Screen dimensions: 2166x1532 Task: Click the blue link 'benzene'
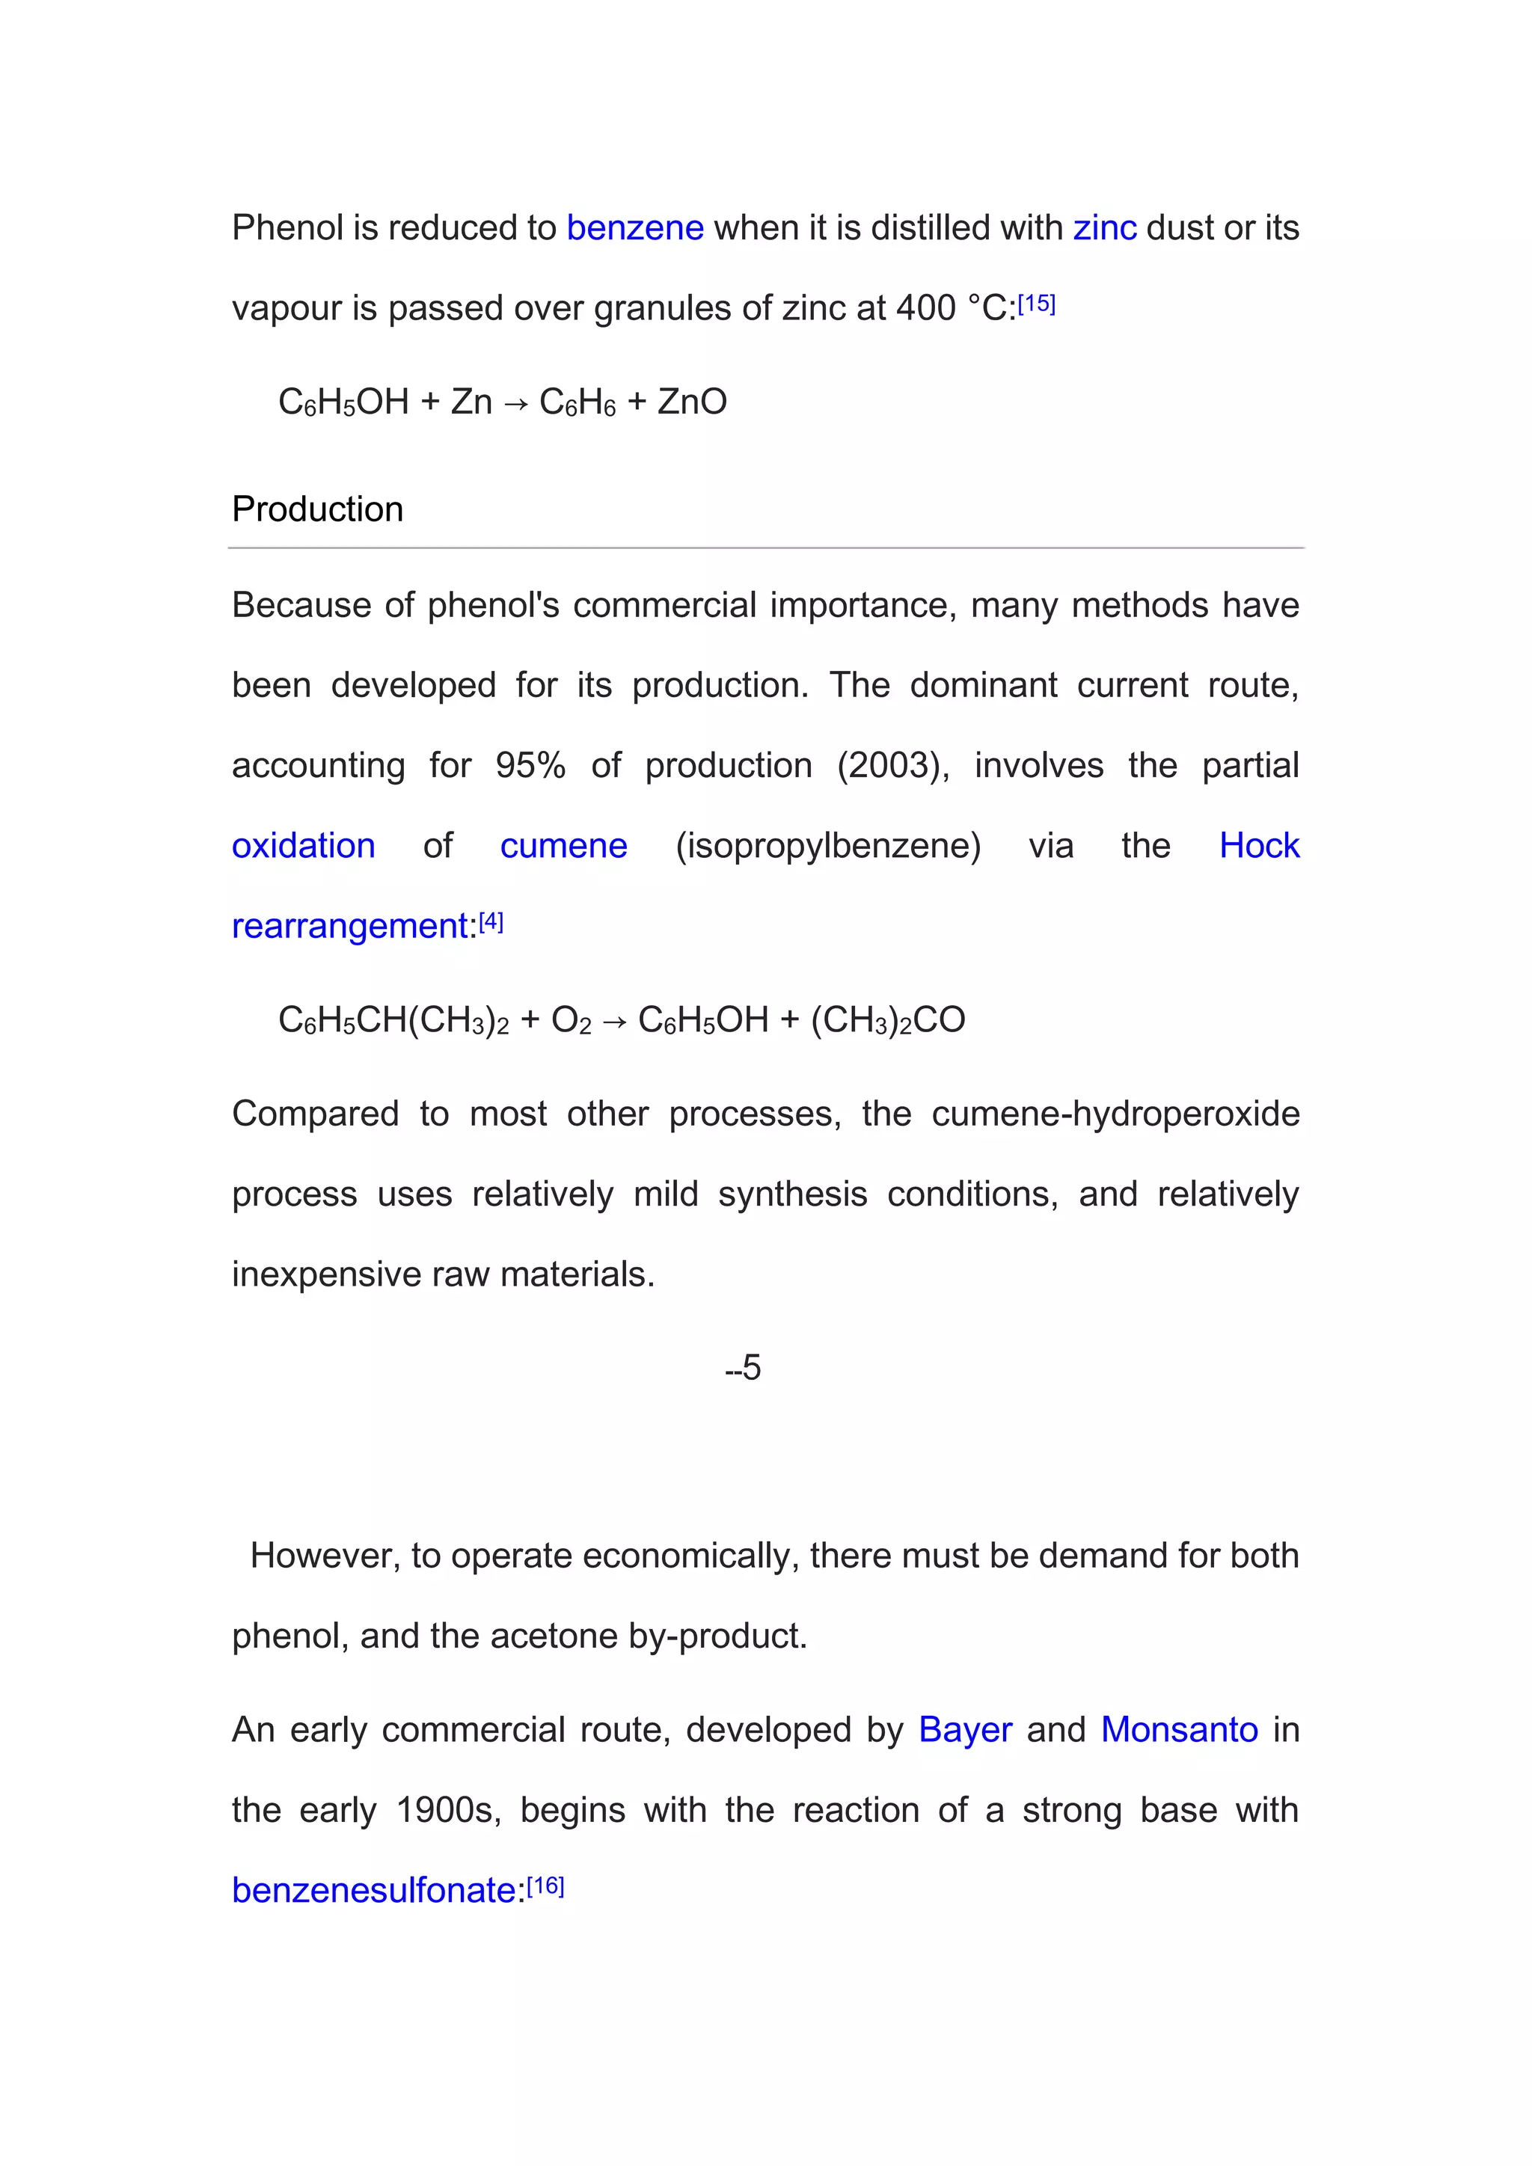pos(635,228)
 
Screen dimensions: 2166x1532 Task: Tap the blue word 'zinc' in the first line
pos(1105,228)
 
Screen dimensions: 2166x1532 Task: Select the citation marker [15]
pos(1036,304)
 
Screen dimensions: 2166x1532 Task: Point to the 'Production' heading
pos(318,509)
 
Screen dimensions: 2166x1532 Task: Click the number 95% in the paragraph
pos(530,765)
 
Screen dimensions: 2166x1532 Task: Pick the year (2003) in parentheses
pos(893,765)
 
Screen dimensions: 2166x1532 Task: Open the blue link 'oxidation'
pos(304,845)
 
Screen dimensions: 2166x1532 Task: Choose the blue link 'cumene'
pos(563,845)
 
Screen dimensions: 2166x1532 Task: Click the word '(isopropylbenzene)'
pos(828,845)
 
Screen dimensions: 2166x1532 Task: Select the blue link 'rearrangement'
pos(350,927)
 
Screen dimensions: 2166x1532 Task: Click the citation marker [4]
pos(491,921)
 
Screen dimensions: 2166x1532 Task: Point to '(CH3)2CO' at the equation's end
pos(888,1019)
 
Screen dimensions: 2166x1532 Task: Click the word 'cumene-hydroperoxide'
pos(1115,1114)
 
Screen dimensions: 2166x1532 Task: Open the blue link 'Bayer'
pos(965,1730)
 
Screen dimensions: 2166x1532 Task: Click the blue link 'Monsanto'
pos(1179,1730)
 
